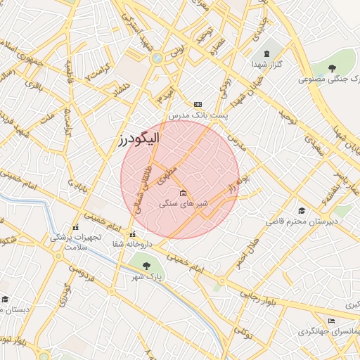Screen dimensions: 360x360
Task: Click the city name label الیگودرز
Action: pos(139,139)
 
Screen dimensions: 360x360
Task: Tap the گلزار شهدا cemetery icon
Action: pos(266,53)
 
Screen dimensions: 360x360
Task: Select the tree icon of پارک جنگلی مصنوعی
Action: pos(333,67)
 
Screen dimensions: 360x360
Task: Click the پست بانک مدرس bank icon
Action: pos(198,103)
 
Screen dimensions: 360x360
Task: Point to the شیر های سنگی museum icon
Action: pos(184,193)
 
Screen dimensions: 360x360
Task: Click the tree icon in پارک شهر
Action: pos(146,266)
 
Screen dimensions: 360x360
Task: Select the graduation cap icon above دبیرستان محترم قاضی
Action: pos(302,210)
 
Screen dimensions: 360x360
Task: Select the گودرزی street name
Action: pos(67,295)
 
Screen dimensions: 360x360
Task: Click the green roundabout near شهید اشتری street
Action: pos(157,58)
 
